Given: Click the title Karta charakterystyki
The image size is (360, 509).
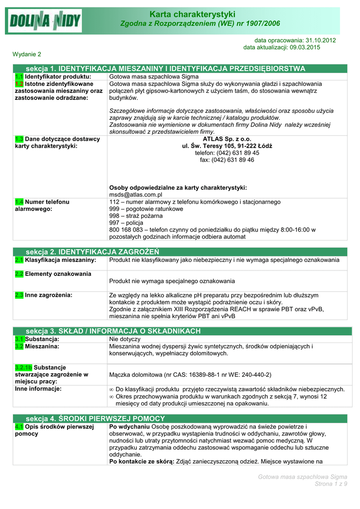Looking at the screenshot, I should coord(199,14).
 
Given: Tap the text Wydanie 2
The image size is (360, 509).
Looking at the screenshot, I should coord(27,54).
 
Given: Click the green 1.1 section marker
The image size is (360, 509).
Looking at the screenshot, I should coord(19,77).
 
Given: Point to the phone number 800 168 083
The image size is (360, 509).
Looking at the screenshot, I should coord(125,230).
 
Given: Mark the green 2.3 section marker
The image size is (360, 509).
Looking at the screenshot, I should coord(19,295).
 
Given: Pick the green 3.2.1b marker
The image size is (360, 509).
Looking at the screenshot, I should coord(23,367).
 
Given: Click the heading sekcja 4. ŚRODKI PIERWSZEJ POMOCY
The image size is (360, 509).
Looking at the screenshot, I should coord(95,418).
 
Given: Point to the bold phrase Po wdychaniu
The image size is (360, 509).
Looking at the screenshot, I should coord(129,426).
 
